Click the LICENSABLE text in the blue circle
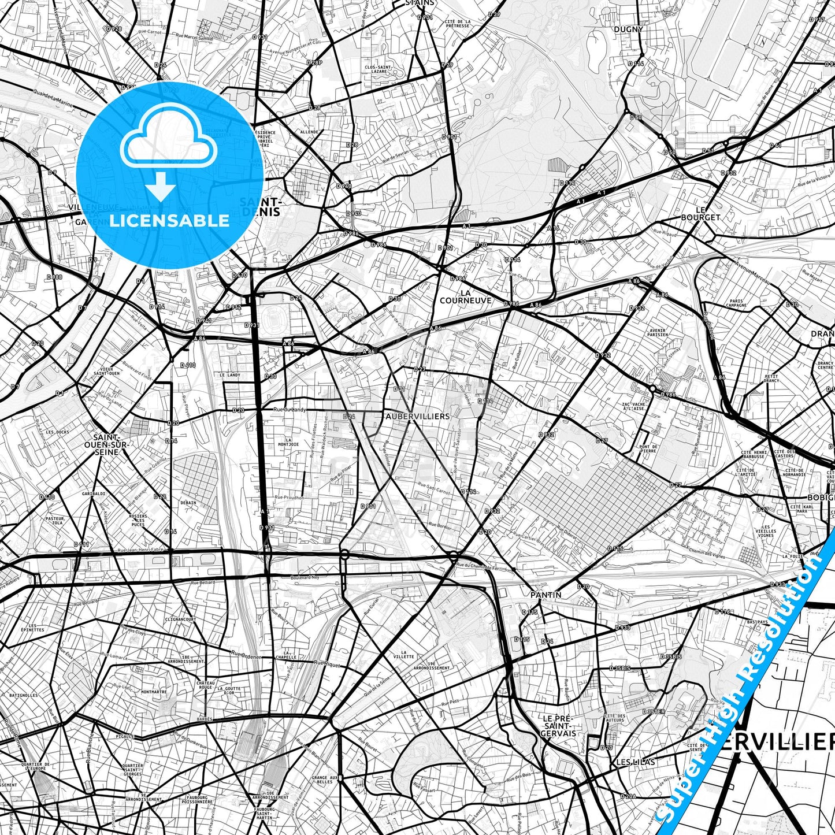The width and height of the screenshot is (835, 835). tap(169, 220)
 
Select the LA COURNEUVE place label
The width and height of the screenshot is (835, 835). tap(465, 296)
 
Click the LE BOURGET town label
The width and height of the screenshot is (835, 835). tap(700, 213)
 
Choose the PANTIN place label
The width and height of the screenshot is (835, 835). tap(546, 595)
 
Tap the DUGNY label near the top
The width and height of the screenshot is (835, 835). tap(628, 29)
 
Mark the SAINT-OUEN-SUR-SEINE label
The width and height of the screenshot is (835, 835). tap(109, 444)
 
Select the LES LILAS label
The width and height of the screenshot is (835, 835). tap(636, 762)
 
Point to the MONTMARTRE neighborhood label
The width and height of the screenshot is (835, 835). tap(154, 692)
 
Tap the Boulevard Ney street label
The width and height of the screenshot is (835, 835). tap(305, 577)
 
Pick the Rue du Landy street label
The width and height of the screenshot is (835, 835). tap(289, 410)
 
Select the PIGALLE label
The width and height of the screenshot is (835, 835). tap(125, 736)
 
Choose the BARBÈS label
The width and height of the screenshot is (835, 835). tap(204, 719)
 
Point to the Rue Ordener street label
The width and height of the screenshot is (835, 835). tap(246, 655)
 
